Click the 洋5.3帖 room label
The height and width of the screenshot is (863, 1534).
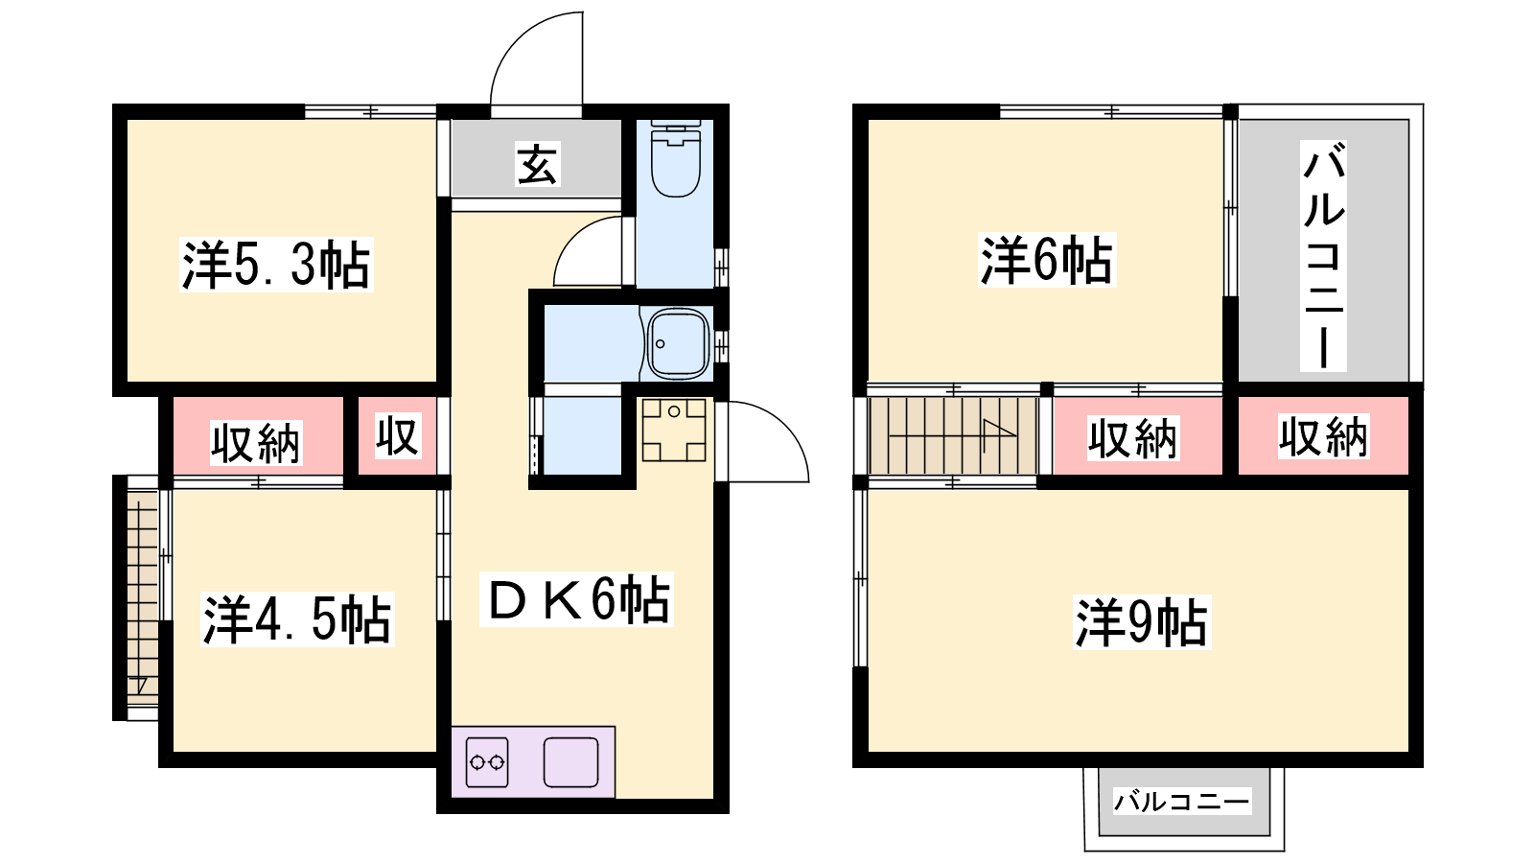pyautogui.click(x=276, y=265)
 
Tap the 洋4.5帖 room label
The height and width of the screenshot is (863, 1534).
pyautogui.click(x=297, y=619)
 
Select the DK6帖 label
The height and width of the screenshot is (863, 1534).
pyautogui.click(x=576, y=599)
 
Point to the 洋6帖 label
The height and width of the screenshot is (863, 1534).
pyautogui.click(x=1047, y=260)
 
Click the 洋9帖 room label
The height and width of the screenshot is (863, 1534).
pyautogui.click(x=1142, y=622)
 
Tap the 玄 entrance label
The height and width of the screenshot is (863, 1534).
pyautogui.click(x=538, y=164)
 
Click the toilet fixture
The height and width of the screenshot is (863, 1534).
pyautogui.click(x=675, y=159)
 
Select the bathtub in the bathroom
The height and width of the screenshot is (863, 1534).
pyautogui.click(x=677, y=344)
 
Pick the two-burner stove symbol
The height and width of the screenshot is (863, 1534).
pyautogui.click(x=487, y=761)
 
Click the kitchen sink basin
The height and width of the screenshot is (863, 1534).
pyautogui.click(x=571, y=761)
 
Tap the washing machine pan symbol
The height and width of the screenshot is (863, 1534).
pyautogui.click(x=674, y=431)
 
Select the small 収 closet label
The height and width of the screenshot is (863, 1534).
pyautogui.click(x=397, y=436)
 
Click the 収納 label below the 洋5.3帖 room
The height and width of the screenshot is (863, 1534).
pyautogui.click(x=255, y=443)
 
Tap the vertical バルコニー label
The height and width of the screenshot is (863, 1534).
pyautogui.click(x=1324, y=256)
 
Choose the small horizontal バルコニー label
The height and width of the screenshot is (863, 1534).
pyautogui.click(x=1182, y=801)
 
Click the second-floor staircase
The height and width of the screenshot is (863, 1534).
pyautogui.click(x=953, y=435)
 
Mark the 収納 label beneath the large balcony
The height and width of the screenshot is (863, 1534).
pyautogui.click(x=1323, y=436)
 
